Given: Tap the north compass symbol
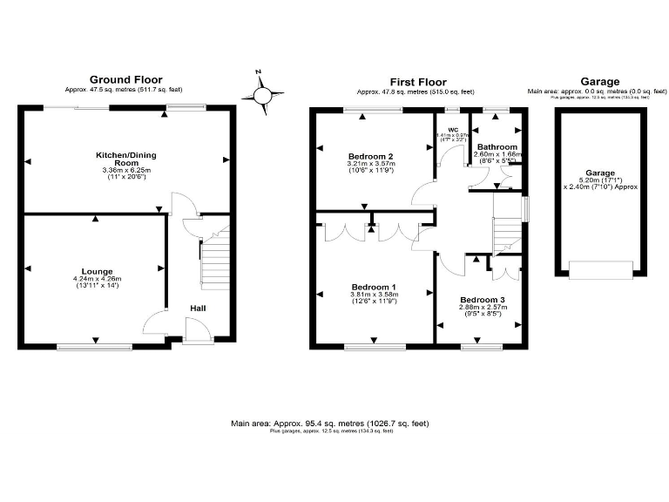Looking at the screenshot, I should coord(264,93).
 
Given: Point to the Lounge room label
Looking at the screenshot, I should coord(96,272).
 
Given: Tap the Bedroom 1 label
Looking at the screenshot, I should coord(374,287).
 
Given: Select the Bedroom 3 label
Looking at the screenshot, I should coord(482,300).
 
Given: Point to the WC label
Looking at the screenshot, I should coord(452,129).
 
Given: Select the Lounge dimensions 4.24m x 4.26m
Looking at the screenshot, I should coord(97,280).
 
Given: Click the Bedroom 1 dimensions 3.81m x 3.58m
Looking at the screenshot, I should coord(374,295).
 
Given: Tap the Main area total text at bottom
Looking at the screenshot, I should coord(330,424).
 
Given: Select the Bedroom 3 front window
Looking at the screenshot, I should coord(475,347).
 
